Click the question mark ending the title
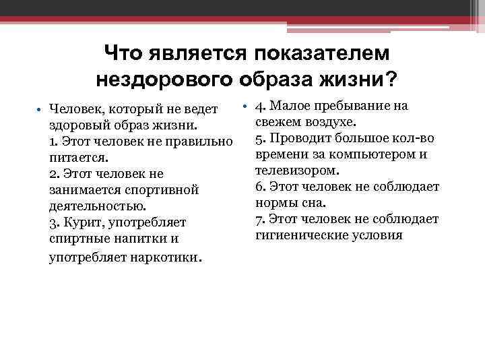pos(389,80)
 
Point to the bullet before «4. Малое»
pos(247,107)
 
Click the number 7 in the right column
pos(259,219)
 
